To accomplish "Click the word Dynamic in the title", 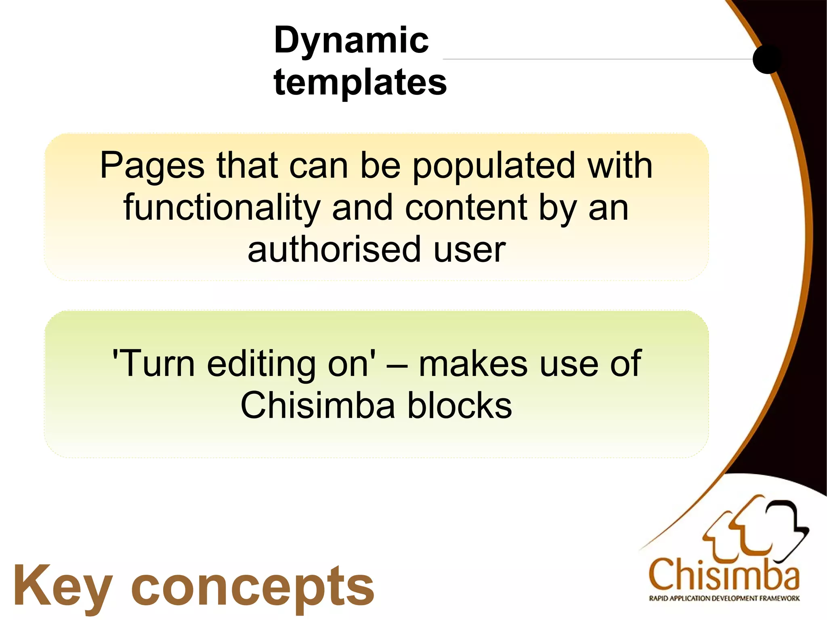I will [351, 41].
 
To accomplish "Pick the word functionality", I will [222, 208].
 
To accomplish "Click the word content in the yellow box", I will [466, 208].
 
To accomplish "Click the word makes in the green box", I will [473, 364].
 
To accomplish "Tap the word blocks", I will [460, 406].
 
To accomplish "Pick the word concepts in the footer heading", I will [253, 588].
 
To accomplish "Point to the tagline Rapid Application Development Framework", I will [724, 599].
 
